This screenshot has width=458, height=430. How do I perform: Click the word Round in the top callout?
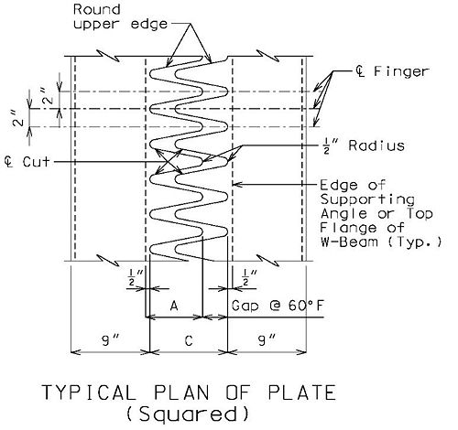[96, 9]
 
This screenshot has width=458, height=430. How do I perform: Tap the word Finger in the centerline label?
[401, 71]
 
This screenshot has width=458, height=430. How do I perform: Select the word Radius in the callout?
[376, 145]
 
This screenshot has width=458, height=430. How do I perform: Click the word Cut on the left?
[36, 162]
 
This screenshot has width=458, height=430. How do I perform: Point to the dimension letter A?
[174, 306]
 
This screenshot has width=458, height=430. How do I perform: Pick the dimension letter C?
[189, 340]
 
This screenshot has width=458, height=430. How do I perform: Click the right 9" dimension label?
[267, 339]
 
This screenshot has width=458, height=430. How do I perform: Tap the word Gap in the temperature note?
[245, 306]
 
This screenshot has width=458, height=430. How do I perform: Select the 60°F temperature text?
[305, 306]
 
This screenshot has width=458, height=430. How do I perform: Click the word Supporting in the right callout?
[367, 199]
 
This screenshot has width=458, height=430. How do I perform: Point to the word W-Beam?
[349, 242]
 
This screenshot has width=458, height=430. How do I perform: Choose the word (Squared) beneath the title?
[187, 414]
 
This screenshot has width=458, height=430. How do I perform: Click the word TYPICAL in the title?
[89, 392]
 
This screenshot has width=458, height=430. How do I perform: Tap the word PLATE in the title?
[302, 392]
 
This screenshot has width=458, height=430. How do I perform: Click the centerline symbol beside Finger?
[360, 71]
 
